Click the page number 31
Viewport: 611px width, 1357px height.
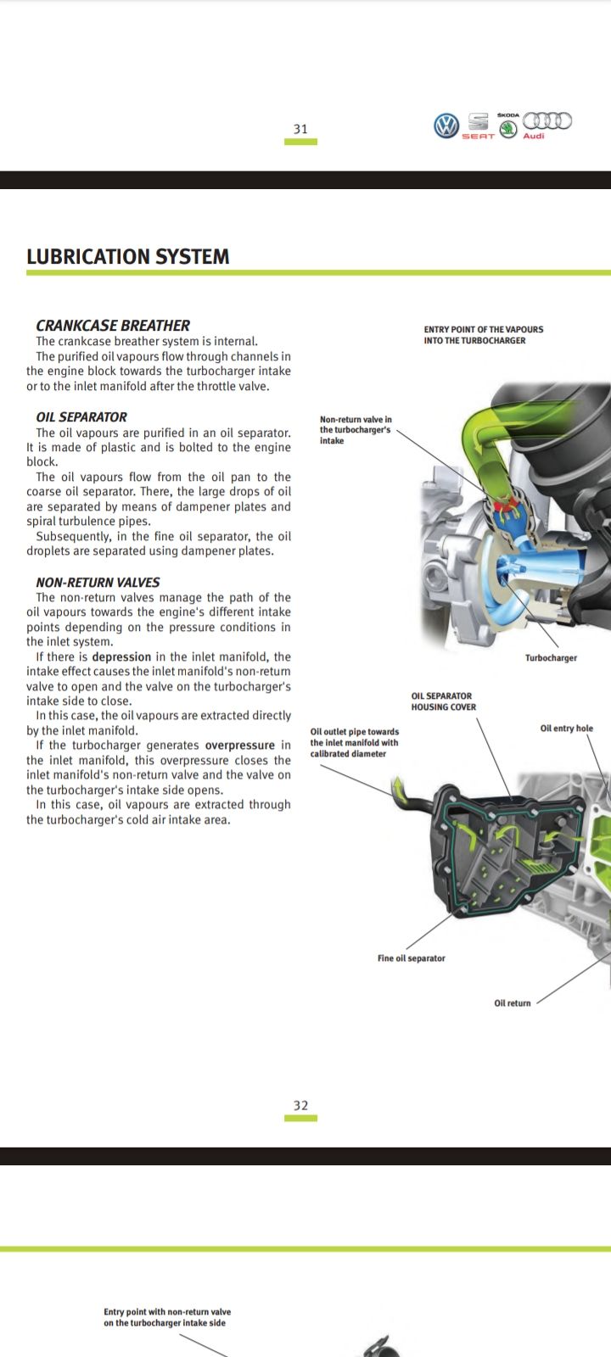point(300,129)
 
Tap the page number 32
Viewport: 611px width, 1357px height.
point(300,1105)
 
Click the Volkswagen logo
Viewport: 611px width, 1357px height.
point(446,126)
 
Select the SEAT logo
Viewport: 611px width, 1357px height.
point(478,126)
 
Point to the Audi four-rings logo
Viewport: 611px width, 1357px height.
point(547,120)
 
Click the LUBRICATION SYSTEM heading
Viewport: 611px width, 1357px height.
point(128,257)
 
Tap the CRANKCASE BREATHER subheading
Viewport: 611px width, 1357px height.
point(113,325)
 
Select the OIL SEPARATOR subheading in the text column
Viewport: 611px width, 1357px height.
point(81,417)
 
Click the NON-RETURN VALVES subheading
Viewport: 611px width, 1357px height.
point(98,583)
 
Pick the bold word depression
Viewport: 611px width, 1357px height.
point(121,657)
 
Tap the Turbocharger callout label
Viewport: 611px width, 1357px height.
point(551,658)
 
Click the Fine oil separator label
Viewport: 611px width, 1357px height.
point(411,958)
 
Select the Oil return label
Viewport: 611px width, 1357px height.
point(513,1003)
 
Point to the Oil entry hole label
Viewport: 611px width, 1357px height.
point(566,729)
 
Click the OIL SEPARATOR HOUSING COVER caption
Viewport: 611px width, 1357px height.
point(443,701)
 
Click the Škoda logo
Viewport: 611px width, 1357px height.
point(508,127)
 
